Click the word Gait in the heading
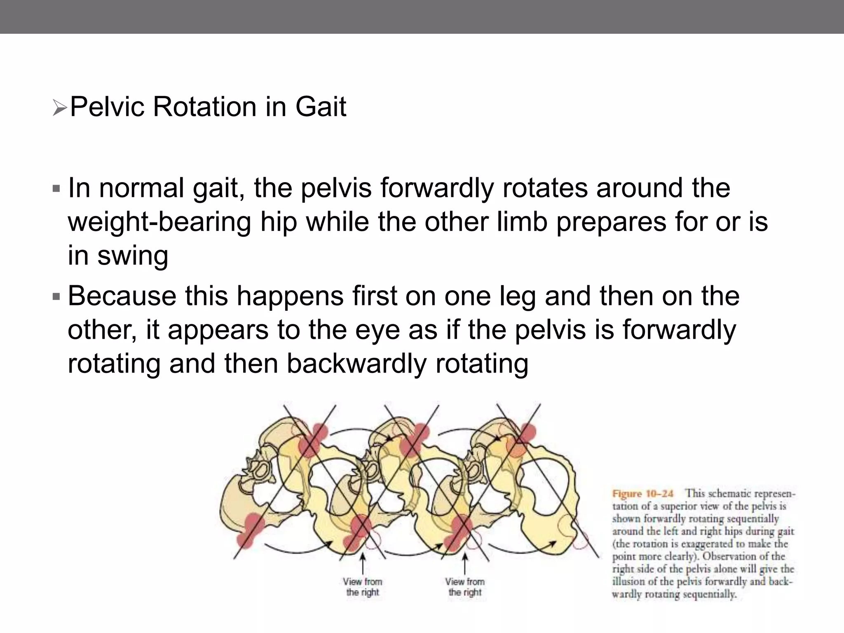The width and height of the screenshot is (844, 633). (321, 107)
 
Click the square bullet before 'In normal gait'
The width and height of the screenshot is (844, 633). (56, 190)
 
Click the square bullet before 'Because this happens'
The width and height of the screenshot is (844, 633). (56, 297)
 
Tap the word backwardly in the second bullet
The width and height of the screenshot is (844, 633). (356, 364)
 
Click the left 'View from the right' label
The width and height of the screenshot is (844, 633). (362, 587)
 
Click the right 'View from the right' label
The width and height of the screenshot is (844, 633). (464, 587)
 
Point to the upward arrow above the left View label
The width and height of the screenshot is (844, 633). (363, 563)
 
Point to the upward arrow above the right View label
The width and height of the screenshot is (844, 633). (465, 563)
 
